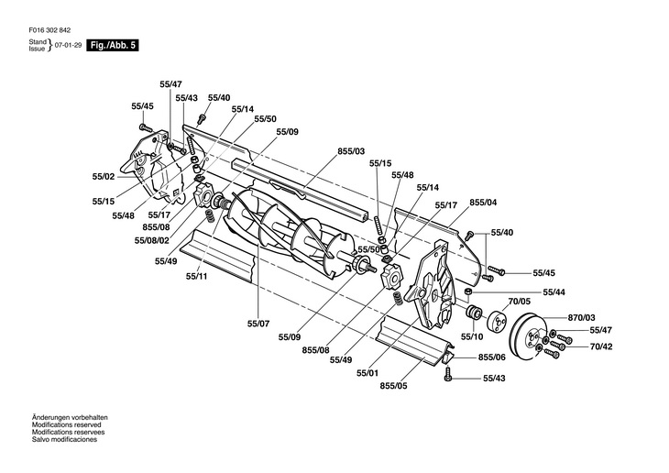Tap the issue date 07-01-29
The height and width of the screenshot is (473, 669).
click(x=68, y=45)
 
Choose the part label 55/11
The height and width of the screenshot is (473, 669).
click(x=196, y=275)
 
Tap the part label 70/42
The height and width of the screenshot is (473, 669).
click(x=600, y=347)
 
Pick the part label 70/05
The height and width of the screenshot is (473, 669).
click(x=520, y=300)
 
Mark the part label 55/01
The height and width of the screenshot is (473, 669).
click(x=367, y=373)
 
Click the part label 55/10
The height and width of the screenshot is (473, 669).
click(x=470, y=336)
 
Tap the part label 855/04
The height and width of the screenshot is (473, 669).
click(x=483, y=202)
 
